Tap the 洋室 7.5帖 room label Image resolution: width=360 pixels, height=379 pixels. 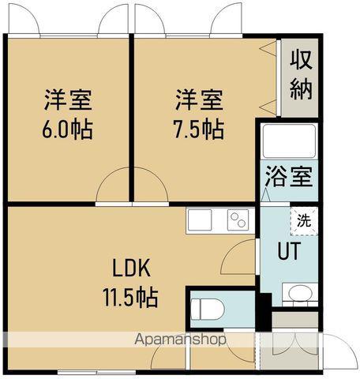pyautogui.click(x=198, y=114)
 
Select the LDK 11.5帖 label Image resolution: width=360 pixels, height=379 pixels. pyautogui.click(x=131, y=282)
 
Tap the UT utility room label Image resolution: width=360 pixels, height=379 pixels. pyautogui.click(x=287, y=252)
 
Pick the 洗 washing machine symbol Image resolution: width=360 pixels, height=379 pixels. pyautogui.click(x=304, y=221)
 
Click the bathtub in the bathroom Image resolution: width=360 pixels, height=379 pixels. pyautogui.click(x=289, y=142)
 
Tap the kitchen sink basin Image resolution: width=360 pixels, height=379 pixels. pyautogui.click(x=199, y=220)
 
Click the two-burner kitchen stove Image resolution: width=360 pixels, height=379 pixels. pyautogui.click(x=237, y=220)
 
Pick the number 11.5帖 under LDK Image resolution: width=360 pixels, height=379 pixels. pyautogui.click(x=131, y=298)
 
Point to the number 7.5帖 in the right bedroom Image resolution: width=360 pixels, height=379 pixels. pyautogui.click(x=198, y=129)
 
